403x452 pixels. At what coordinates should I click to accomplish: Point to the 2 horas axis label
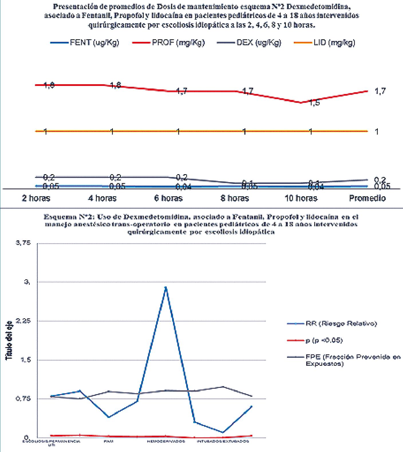[36, 198]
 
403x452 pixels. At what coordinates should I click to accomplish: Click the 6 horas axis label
[168, 198]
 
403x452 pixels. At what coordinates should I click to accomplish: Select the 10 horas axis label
[301, 198]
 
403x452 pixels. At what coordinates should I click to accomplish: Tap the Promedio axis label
[367, 198]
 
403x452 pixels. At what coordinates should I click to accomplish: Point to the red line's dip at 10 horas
[301, 103]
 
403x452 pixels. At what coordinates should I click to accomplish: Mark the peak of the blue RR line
[166, 287]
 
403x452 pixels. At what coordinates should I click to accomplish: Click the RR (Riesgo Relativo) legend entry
[341, 324]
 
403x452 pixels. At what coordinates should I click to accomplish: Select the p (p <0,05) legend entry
[324, 341]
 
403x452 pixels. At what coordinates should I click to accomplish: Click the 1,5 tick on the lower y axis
[25, 360]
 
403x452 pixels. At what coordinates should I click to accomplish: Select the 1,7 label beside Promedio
[380, 91]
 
